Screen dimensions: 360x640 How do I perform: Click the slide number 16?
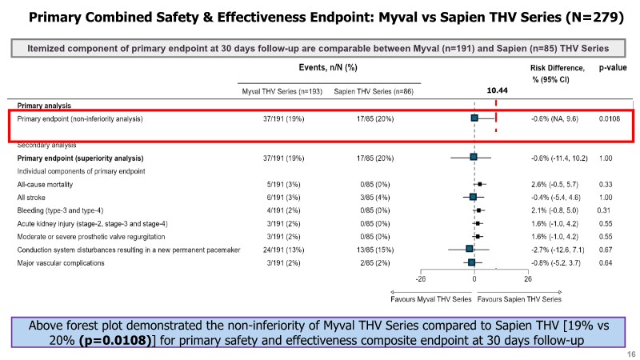[x=630, y=353]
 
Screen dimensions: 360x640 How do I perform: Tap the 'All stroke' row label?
[x=32, y=197]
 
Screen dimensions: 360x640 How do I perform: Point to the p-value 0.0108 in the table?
[x=610, y=119]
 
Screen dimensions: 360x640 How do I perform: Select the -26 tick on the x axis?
[x=420, y=279]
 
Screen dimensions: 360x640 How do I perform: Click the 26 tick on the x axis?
[x=528, y=279]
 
